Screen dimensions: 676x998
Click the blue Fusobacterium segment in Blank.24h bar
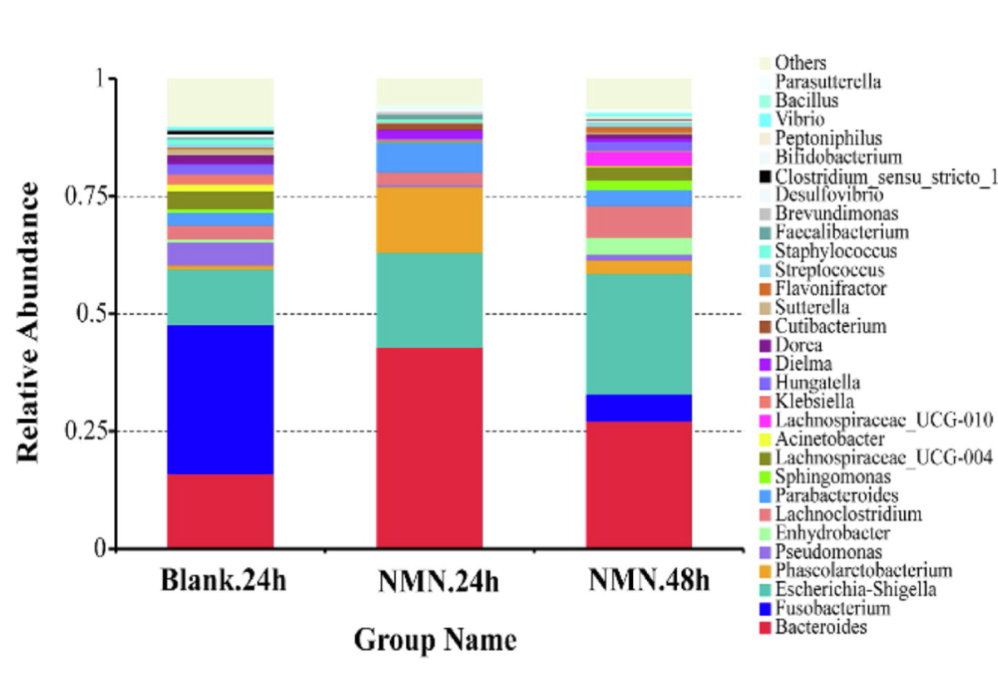(220, 399)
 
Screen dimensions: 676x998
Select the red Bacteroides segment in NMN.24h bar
(429, 448)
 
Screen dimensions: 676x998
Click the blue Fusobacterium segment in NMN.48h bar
(639, 407)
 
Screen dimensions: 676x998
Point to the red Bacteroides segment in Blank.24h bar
(220, 511)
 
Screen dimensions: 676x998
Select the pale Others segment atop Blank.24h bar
(220, 102)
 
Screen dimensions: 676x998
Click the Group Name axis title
(435, 640)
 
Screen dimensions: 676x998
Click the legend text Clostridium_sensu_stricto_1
(885, 176)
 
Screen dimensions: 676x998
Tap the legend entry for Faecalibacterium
(842, 233)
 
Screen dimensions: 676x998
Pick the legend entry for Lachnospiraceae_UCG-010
(884, 421)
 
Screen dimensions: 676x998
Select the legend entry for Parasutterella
(828, 81)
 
